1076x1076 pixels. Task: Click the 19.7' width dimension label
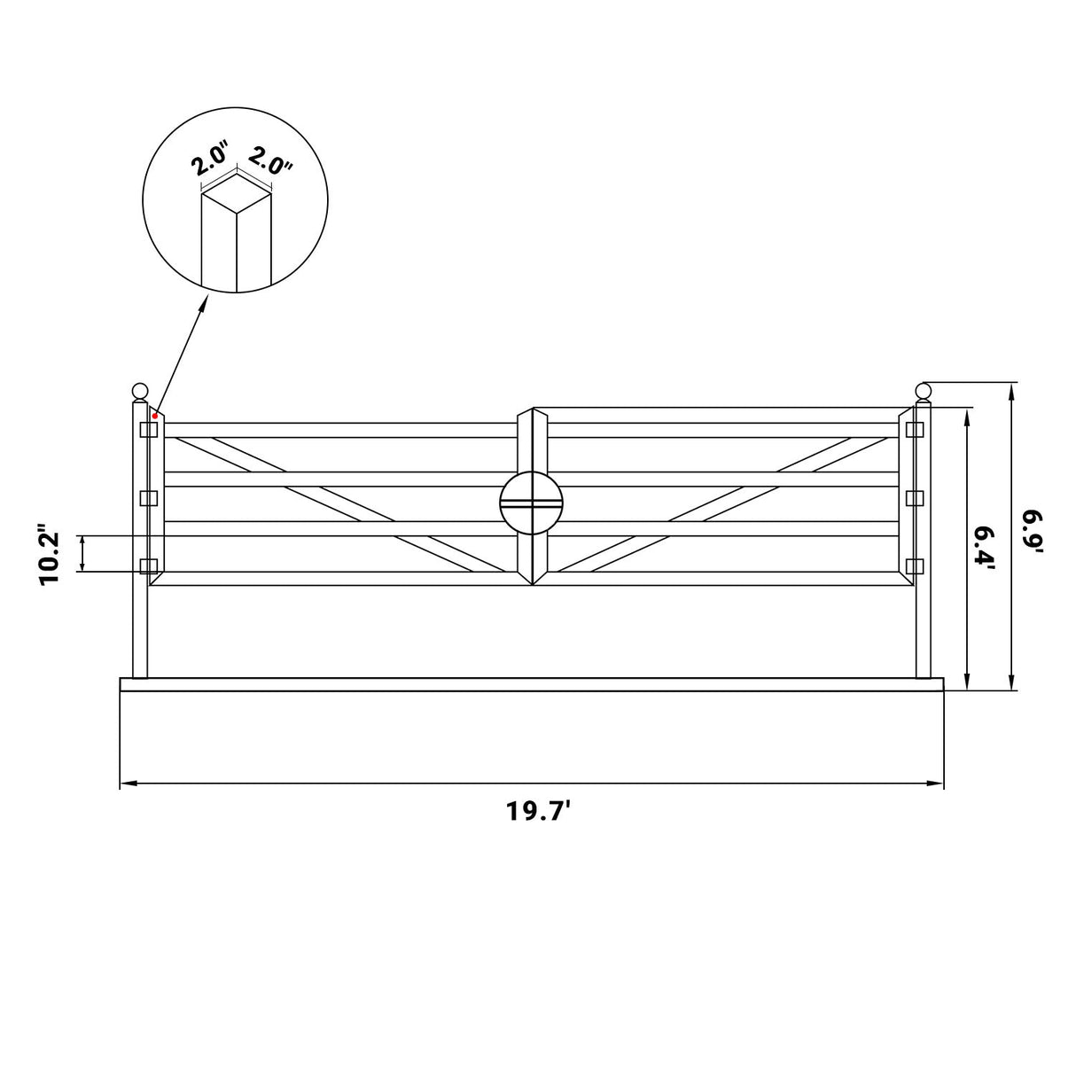(x=536, y=812)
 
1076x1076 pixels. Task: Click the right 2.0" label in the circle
(x=270, y=160)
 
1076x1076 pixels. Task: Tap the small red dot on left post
(x=155, y=415)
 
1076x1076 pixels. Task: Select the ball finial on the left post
(x=139, y=391)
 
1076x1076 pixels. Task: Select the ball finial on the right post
(x=923, y=391)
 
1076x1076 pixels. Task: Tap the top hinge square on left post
(x=148, y=430)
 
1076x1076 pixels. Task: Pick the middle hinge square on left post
(x=148, y=497)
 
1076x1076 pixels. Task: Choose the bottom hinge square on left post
(x=148, y=565)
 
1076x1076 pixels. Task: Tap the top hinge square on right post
(x=915, y=430)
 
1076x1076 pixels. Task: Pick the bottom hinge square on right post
(x=915, y=565)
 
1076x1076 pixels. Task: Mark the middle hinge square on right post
(x=915, y=497)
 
